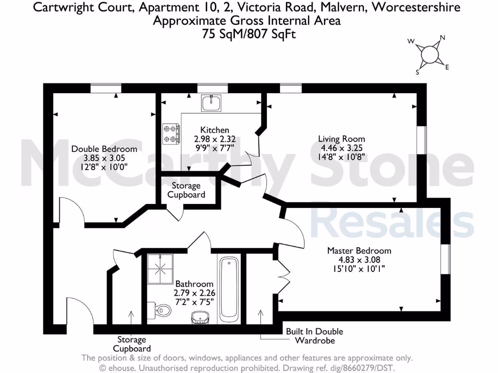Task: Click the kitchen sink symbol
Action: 212,102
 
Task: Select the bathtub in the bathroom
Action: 229,289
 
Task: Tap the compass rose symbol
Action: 429,54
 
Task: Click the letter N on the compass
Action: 443,37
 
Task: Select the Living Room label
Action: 341,139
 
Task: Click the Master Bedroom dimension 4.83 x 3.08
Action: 359,260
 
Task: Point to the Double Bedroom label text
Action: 104,149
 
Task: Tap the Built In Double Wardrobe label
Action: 314,336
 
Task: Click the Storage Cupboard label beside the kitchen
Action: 186,190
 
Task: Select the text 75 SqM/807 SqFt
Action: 249,34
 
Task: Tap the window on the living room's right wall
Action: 424,142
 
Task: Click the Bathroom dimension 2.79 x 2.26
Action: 195,293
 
